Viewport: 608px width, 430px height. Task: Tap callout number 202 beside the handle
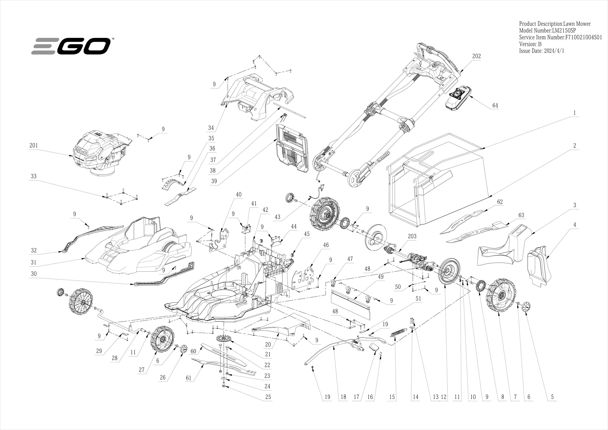pyautogui.click(x=476, y=56)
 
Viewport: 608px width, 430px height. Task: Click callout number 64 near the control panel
pyautogui.click(x=495, y=105)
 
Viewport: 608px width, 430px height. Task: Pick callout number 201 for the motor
pyautogui.click(x=34, y=145)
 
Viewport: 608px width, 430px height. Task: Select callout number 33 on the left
pyautogui.click(x=34, y=176)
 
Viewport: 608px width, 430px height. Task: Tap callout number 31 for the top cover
pyautogui.click(x=34, y=262)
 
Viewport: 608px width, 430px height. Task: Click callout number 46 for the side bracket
pyautogui.click(x=326, y=245)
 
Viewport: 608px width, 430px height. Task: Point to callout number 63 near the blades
pyautogui.click(x=521, y=215)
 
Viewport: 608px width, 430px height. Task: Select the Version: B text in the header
pyautogui.click(x=530, y=44)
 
